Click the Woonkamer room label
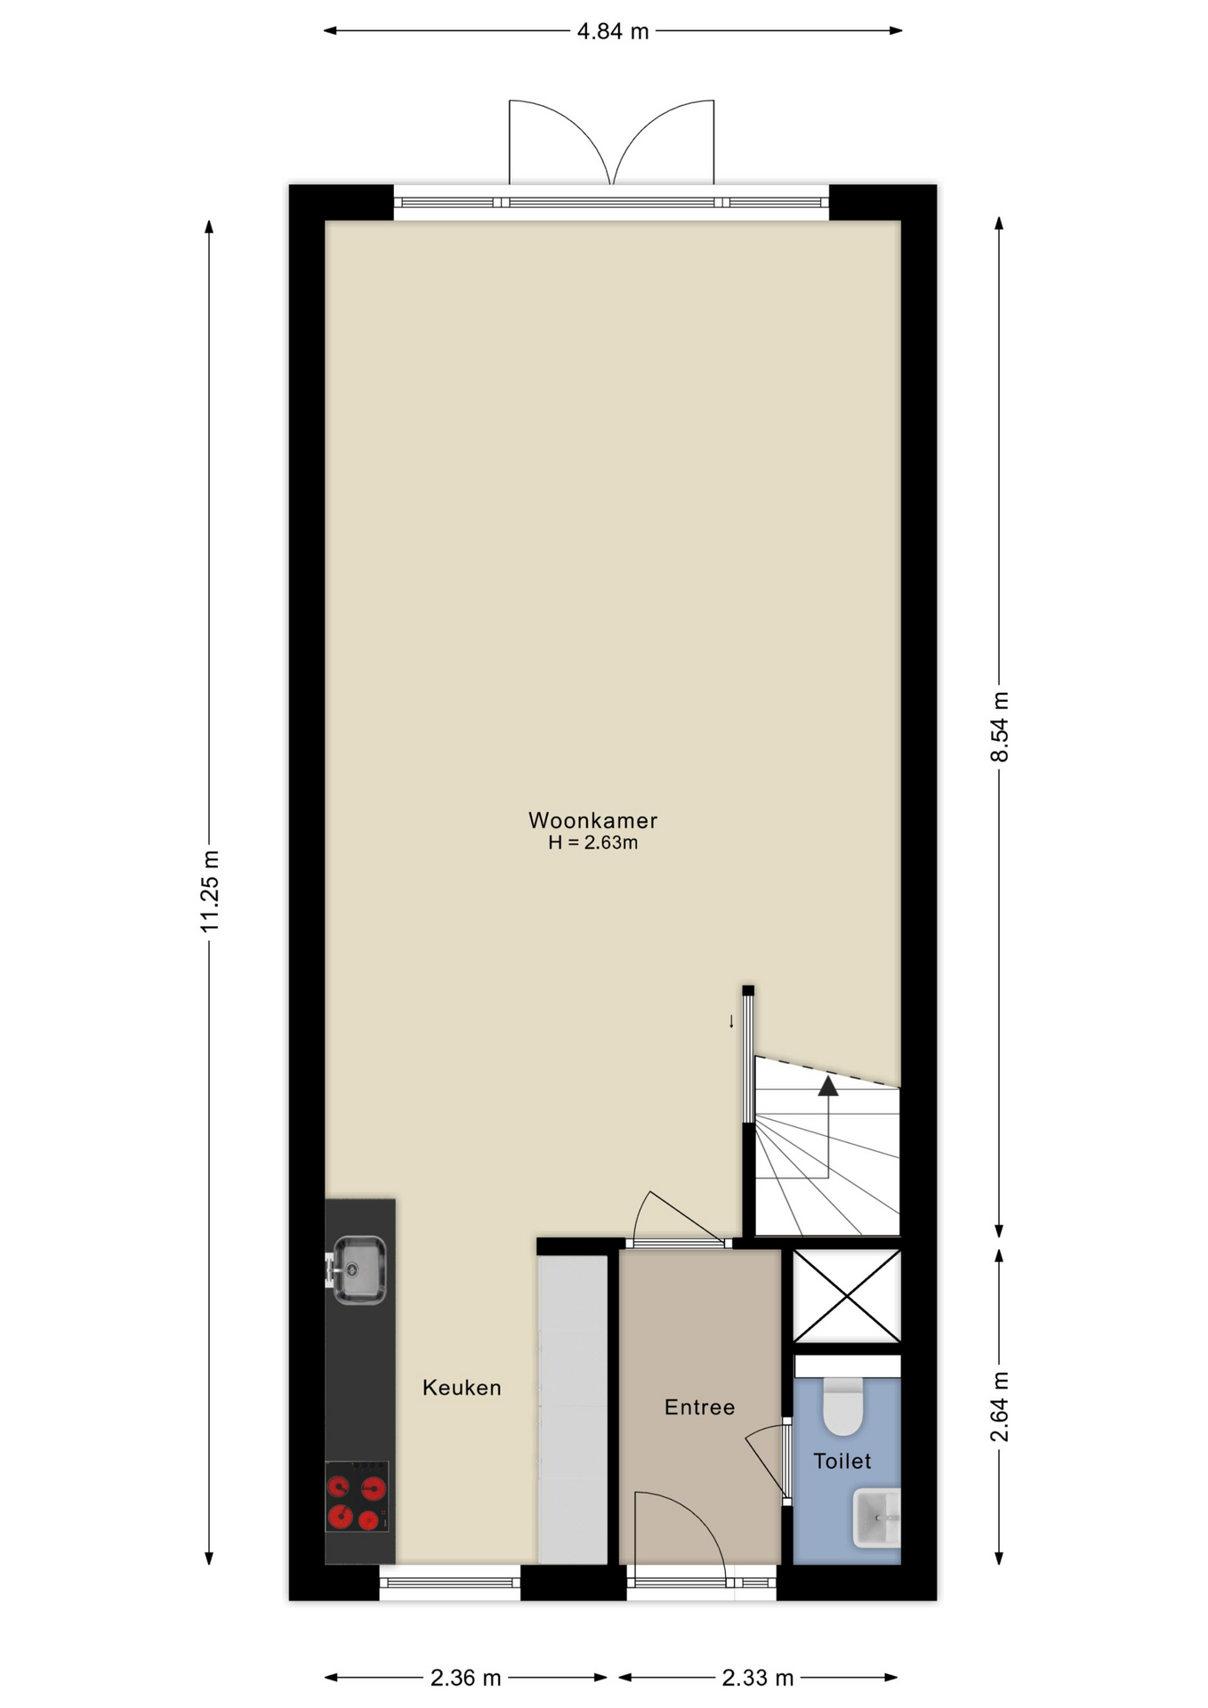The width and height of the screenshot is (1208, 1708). click(x=592, y=820)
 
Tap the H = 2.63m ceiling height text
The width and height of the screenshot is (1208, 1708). click(x=592, y=843)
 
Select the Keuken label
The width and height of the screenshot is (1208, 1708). click(x=462, y=1388)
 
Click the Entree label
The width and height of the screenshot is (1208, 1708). click(x=700, y=1407)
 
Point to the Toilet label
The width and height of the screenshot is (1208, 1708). click(x=842, y=1461)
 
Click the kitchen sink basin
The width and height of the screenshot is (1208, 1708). click(x=358, y=1270)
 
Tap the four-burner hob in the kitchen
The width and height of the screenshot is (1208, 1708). click(x=357, y=1496)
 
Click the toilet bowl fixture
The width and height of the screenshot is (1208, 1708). click(x=843, y=1406)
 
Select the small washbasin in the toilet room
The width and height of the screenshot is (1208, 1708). click(x=877, y=1519)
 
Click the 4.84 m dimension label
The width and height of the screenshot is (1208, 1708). click(x=613, y=32)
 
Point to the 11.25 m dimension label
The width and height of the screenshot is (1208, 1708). click(x=210, y=891)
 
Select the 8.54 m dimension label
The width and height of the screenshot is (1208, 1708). click(x=1000, y=727)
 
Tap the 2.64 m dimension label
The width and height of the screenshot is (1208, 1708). click(x=1000, y=1407)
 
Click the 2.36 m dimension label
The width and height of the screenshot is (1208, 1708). click(x=466, y=1678)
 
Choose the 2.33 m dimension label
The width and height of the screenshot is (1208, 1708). click(x=758, y=1678)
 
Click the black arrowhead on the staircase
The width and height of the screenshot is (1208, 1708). click(x=828, y=1085)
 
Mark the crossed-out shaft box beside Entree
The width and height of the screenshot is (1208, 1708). click(x=847, y=1295)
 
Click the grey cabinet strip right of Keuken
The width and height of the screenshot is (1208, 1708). click(x=573, y=1409)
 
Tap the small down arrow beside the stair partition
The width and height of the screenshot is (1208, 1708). click(x=732, y=1021)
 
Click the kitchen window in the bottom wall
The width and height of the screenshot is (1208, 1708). click(x=450, y=1583)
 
